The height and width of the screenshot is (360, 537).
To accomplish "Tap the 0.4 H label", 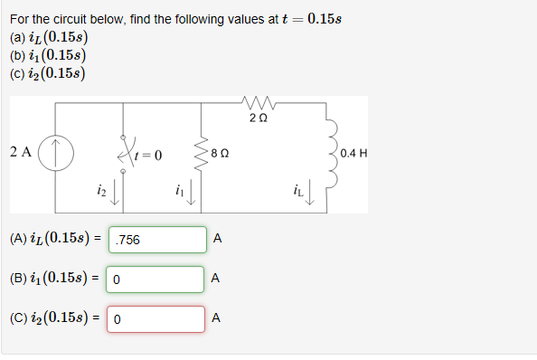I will (x=355, y=153).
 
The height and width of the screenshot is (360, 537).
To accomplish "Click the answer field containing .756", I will (x=157, y=240).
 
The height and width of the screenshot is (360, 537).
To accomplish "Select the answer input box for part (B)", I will (x=155, y=279).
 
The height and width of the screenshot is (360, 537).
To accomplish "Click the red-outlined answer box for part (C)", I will (x=155, y=319).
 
